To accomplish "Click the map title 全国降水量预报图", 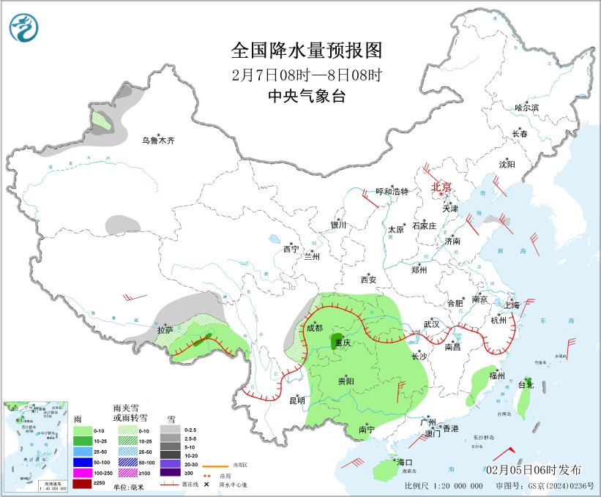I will point(307,50).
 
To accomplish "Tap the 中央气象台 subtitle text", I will point(307,96).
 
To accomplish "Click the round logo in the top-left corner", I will point(25,27).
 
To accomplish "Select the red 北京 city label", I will point(443,187).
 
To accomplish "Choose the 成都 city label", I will point(313,327).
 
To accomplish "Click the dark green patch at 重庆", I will point(338,342).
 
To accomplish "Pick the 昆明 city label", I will point(296,400).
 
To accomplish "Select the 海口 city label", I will point(405,463).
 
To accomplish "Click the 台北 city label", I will point(526,384).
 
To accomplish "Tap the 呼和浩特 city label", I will point(392,191).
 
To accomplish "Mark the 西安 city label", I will point(368,280).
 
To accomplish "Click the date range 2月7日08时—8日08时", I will point(307,75).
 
